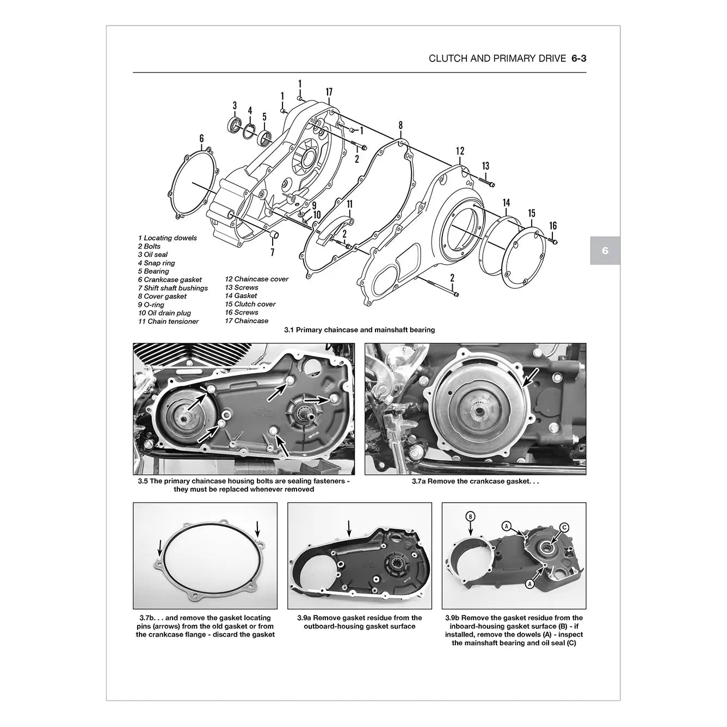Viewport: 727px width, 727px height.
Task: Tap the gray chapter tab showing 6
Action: coord(605,251)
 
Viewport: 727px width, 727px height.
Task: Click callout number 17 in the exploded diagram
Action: coord(329,93)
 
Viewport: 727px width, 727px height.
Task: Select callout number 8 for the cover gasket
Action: coord(401,126)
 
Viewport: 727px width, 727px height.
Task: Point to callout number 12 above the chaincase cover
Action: coord(460,151)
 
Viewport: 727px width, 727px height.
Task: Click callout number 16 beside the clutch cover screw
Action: coord(553,225)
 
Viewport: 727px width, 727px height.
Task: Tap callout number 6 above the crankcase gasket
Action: coord(201,138)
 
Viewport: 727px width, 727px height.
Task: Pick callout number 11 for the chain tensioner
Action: coord(350,205)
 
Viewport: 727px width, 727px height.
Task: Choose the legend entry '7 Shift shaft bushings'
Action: coord(172,288)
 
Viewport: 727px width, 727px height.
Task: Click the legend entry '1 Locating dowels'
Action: coord(167,238)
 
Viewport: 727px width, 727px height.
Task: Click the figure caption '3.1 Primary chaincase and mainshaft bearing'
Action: coord(359,330)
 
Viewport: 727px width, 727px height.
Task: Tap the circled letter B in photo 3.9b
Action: coord(471,516)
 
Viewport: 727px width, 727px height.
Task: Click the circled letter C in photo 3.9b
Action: coord(564,527)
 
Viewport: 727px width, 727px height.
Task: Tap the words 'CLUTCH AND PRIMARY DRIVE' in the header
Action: coord(497,58)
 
